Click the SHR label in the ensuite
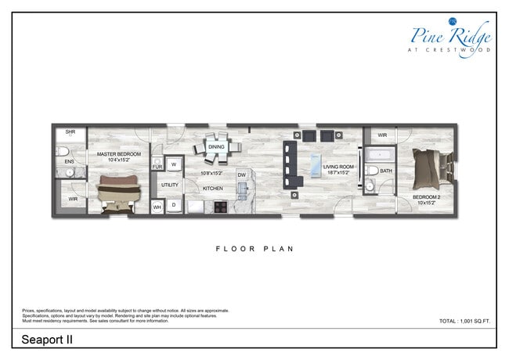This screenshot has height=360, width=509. coord(70,132)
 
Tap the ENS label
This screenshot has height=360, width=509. coord(69,162)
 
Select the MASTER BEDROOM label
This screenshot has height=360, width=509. coord(118,155)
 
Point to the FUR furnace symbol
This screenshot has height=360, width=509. coord(157,167)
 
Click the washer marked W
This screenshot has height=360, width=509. coord(173,165)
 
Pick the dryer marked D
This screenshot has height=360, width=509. coord(173,205)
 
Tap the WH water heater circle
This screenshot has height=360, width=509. coord(157,207)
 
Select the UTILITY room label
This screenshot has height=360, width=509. coord(170,185)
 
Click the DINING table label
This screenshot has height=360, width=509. coord(216,146)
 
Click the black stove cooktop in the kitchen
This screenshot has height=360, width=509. coord(221,207)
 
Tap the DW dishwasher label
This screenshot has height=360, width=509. coord(242,175)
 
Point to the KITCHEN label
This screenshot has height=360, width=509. coord(213,189)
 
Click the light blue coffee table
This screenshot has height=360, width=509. coord(316,164)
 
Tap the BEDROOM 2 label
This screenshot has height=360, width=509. coord(427,197)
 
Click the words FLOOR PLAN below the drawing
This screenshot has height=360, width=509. coord(254,249)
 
